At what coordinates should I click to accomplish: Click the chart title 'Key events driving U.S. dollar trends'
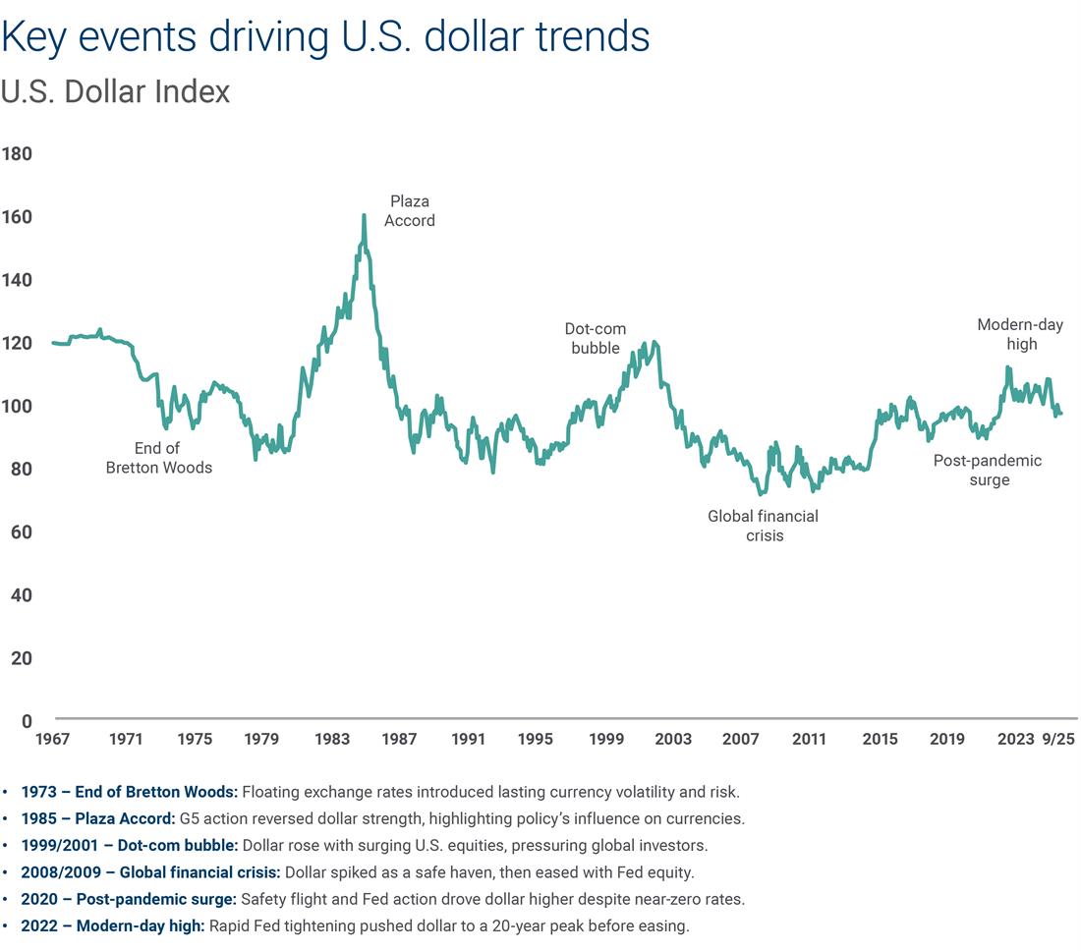(x=325, y=37)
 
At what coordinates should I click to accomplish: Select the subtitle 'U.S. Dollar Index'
(x=115, y=92)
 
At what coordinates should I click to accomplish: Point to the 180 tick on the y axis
(x=18, y=154)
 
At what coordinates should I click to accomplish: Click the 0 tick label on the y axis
(x=27, y=722)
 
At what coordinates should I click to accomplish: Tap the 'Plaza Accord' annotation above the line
(x=409, y=211)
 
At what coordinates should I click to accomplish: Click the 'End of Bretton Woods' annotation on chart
(x=158, y=458)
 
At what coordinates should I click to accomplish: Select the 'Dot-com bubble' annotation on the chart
(x=596, y=339)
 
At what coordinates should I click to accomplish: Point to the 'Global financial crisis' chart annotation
(x=764, y=526)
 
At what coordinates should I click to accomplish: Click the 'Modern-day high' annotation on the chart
(x=1020, y=334)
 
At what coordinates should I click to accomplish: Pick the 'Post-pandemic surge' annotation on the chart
(x=988, y=470)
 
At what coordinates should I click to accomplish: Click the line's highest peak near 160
(x=364, y=215)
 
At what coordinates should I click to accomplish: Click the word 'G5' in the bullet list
(x=189, y=818)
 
